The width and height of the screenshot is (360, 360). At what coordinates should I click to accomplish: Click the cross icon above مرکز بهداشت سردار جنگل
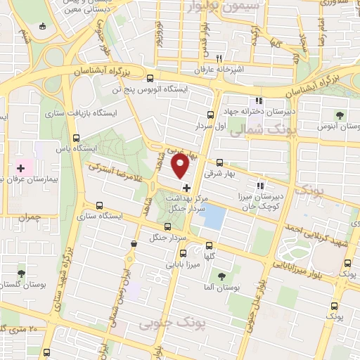pyautogui.click(x=186, y=188)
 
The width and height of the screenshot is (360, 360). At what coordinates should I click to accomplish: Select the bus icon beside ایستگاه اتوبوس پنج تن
pyautogui.click(x=114, y=89)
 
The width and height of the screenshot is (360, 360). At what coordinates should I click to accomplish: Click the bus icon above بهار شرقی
pyautogui.click(x=220, y=161)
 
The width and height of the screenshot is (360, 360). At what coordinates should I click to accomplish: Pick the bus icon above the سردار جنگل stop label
pyautogui.click(x=167, y=226)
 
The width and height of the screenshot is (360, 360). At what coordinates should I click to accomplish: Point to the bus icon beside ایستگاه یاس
pyautogui.click(x=76, y=138)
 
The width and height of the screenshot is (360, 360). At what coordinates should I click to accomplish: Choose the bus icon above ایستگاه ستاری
pyautogui.click(x=98, y=206)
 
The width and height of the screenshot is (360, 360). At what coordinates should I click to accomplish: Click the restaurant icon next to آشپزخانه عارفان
pyautogui.click(x=219, y=58)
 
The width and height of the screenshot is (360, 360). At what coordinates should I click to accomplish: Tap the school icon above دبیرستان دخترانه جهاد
pyautogui.click(x=259, y=100)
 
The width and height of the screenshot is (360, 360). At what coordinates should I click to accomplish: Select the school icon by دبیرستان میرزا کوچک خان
pyautogui.click(x=260, y=186)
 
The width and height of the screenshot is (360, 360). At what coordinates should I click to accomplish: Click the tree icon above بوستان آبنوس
pyautogui.click(x=340, y=115)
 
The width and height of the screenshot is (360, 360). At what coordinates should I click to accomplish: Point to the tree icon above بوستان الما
pyautogui.click(x=221, y=276)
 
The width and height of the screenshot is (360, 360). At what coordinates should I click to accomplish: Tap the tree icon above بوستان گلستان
pyautogui.click(x=21, y=272)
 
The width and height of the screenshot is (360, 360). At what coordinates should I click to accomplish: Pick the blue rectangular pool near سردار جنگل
pyautogui.click(x=212, y=215)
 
